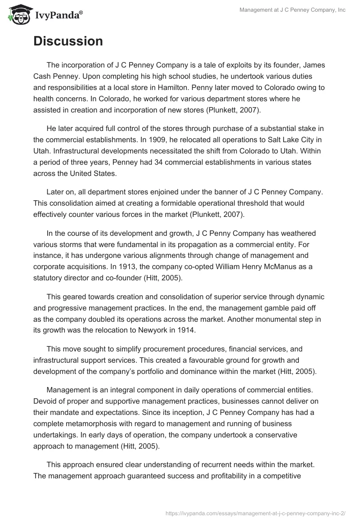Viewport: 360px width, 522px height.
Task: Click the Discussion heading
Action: [68, 41]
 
